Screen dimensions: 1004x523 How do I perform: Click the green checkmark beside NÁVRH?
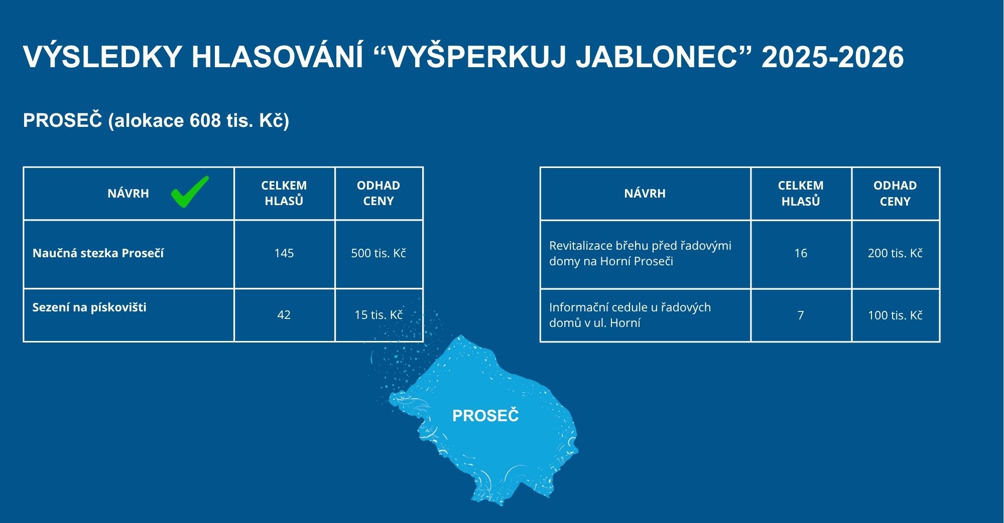click(x=190, y=192)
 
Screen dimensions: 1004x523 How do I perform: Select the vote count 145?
click(x=284, y=253)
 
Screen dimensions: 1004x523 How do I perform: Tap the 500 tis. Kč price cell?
click(x=379, y=253)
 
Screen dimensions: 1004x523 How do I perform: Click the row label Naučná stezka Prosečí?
click(x=98, y=253)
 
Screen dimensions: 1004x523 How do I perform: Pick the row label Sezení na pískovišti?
click(x=89, y=307)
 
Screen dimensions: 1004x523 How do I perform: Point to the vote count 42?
click(x=284, y=315)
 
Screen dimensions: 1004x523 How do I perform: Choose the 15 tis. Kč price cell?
click(x=379, y=315)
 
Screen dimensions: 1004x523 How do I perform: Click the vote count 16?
click(x=801, y=253)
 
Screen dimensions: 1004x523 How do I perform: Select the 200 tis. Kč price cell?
click(x=895, y=253)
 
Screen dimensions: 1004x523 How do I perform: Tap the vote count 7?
click(x=801, y=315)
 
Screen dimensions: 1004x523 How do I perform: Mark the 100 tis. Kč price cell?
click(x=895, y=315)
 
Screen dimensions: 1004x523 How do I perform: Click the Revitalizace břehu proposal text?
click(x=640, y=253)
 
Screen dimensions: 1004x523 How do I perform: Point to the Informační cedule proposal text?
click(x=630, y=315)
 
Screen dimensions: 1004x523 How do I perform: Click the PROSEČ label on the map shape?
click(x=485, y=415)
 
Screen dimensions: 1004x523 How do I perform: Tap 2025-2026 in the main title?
click(x=833, y=57)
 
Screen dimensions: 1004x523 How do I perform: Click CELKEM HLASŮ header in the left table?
click(x=284, y=193)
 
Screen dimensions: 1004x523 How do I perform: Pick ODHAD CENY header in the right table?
click(x=895, y=193)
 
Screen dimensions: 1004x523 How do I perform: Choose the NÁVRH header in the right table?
click(x=645, y=193)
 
